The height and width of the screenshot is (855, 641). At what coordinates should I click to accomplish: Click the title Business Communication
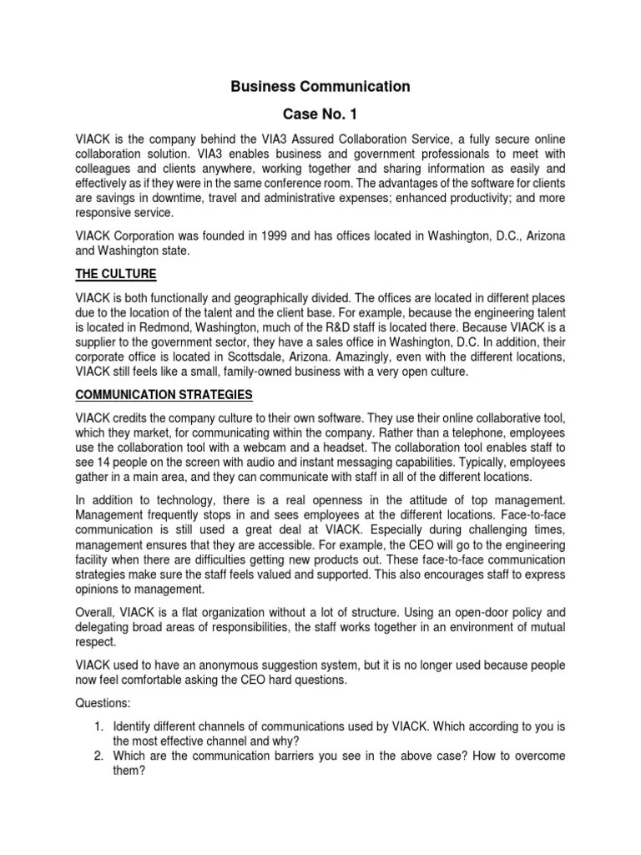coord(320,86)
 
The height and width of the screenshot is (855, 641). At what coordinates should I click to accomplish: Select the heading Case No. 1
coord(320,114)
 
